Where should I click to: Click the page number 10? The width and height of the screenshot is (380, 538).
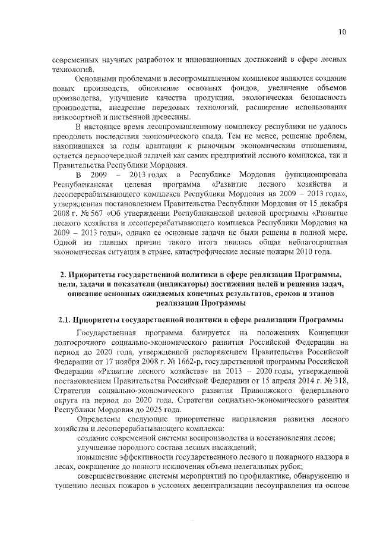(343, 32)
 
